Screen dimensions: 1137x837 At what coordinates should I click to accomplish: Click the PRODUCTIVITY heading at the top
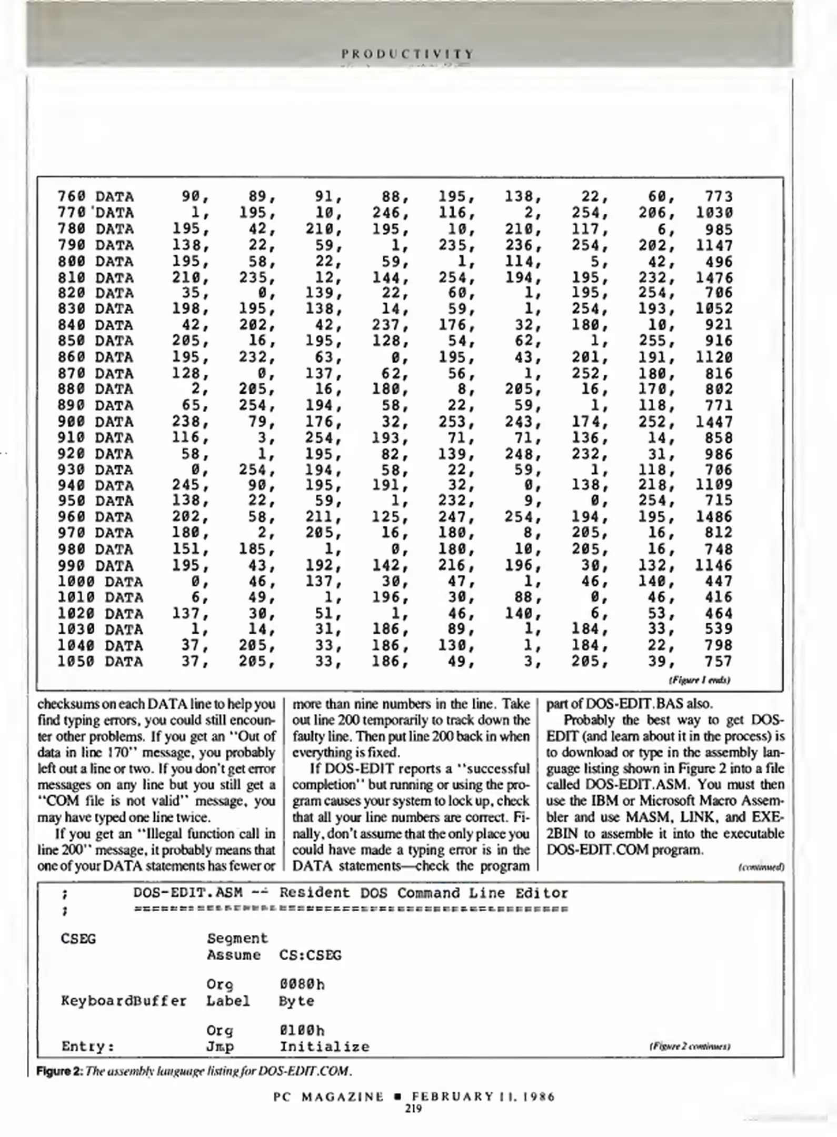[x=407, y=54]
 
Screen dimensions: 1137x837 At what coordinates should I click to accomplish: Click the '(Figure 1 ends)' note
[x=699, y=680]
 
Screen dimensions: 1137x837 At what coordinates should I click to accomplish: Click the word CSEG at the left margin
[x=78, y=939]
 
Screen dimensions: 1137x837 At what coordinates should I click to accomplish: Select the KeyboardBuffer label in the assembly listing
[x=124, y=1001]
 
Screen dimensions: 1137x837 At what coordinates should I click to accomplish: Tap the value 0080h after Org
[x=302, y=984]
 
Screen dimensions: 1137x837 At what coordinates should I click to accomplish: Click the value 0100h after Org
[x=302, y=1030]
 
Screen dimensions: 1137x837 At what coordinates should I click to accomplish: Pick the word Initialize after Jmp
[x=324, y=1046]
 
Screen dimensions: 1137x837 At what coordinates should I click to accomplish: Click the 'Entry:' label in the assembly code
[x=87, y=1046]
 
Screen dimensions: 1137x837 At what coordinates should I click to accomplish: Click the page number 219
[x=413, y=1109]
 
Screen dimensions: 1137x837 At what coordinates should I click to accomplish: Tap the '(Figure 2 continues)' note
[x=690, y=1047]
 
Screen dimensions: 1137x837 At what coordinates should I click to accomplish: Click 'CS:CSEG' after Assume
[x=310, y=955]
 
